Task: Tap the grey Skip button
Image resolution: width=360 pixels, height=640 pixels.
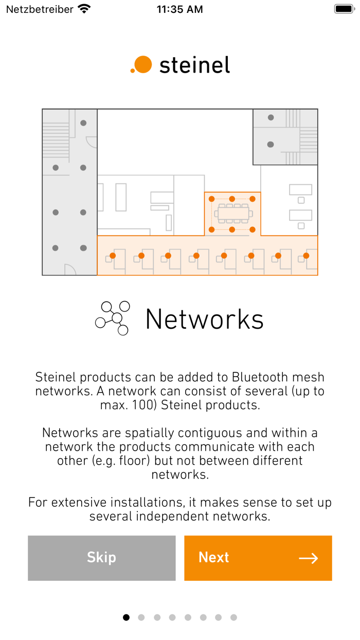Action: click(x=101, y=558)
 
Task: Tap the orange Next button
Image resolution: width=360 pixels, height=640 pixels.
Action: click(x=258, y=558)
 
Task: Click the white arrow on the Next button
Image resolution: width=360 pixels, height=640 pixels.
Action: click(x=308, y=558)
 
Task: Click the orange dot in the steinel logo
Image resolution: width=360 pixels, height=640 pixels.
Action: click(x=142, y=64)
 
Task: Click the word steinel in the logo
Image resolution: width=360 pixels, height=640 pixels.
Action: click(x=194, y=65)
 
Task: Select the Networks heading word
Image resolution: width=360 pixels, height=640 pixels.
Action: click(x=204, y=319)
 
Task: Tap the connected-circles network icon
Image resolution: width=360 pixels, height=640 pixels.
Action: click(x=113, y=318)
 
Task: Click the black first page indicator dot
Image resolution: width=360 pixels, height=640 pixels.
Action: click(x=126, y=617)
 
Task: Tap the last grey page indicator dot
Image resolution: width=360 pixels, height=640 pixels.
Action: click(x=233, y=617)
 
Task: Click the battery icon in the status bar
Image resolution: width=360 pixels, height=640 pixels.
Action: click(x=344, y=9)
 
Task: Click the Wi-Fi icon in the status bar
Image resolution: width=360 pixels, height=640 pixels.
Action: click(x=84, y=9)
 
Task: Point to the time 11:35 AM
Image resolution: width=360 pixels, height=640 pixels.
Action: click(x=179, y=9)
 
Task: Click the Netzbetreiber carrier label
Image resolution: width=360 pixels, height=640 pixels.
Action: click(x=40, y=9)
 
